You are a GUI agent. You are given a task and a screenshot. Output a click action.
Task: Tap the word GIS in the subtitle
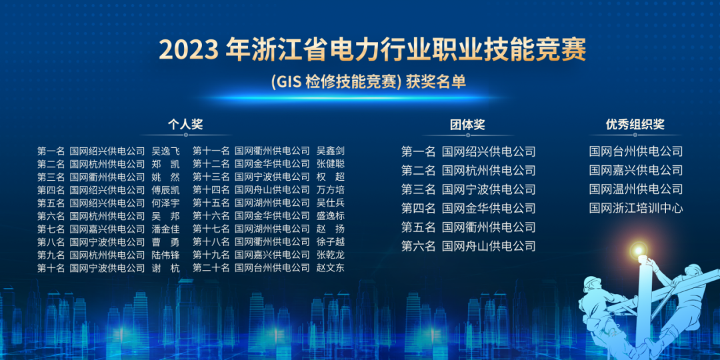pos(287,82)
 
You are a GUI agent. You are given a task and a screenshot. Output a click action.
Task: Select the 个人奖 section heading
pos(185,125)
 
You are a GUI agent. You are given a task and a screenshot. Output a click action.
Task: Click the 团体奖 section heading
pos(467,125)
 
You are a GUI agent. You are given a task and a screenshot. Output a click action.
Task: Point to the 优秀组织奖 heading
pos(635,125)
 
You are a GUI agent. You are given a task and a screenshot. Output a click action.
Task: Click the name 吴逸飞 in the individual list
pos(165,151)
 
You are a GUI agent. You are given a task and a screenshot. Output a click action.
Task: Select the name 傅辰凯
pos(165,189)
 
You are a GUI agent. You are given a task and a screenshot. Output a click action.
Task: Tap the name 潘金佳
pos(165,229)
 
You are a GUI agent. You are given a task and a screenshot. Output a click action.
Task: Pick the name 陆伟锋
pos(165,255)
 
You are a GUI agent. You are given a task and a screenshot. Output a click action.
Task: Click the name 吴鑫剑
pos(331,151)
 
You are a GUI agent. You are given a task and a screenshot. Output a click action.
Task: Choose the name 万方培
pos(331,189)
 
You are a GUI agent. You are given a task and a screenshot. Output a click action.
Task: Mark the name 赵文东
pos(331,268)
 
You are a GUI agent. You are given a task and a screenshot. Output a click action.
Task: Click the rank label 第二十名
pos(211,268)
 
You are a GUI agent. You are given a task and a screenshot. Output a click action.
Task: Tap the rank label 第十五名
pos(211,203)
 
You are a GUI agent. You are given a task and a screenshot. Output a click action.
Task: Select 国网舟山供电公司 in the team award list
pos(489,246)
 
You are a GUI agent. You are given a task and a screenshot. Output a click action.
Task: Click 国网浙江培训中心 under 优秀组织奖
pos(636,209)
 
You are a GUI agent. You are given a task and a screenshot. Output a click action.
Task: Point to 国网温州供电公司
pos(636,189)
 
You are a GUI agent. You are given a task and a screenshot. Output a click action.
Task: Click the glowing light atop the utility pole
pos(638,251)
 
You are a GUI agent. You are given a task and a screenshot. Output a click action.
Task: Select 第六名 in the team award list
pos(418,246)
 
